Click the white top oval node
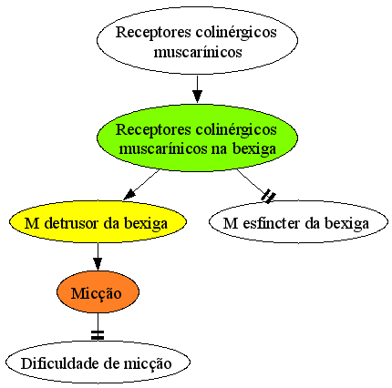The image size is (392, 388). (197, 40)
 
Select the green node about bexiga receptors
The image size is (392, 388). (197, 138)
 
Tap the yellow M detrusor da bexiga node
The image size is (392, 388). (98, 221)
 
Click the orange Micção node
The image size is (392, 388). (98, 292)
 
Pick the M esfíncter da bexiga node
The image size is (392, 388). (298, 221)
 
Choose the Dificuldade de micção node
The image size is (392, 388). (98, 362)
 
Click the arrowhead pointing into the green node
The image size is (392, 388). (197, 97)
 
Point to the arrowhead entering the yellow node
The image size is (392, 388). (129, 195)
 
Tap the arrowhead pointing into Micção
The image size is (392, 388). (98, 263)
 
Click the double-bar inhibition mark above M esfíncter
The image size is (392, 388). (269, 196)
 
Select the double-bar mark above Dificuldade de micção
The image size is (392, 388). (98, 335)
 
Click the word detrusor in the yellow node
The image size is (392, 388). (72, 223)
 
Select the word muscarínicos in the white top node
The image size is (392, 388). (198, 52)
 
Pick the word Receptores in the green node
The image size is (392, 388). (153, 130)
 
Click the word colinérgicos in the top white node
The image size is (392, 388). (236, 32)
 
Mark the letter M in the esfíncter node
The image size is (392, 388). (231, 223)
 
